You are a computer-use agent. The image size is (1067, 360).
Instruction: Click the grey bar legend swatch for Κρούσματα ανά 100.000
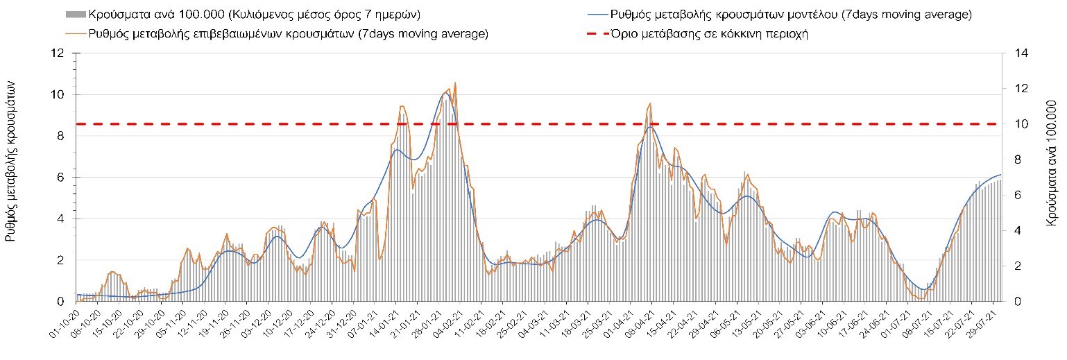tap(76, 15)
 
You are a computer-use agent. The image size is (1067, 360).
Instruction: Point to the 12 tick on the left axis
tap(58, 53)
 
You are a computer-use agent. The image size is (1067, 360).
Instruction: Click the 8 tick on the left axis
tap(61, 136)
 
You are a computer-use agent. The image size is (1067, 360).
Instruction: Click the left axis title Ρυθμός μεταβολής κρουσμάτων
tap(11, 169)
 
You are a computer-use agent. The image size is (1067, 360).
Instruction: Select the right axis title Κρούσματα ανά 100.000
tap(1050, 169)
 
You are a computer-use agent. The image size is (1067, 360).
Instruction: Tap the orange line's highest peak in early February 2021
tap(455, 83)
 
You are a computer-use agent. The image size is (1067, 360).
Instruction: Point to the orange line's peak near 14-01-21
tap(402, 106)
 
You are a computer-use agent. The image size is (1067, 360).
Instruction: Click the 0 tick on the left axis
tap(61, 302)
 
